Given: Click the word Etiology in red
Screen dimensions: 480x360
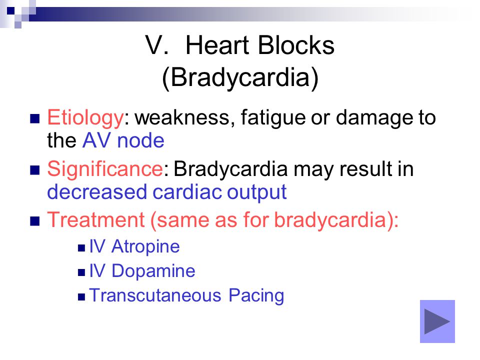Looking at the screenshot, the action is (85, 118).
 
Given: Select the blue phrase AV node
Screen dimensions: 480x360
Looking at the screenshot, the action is (123, 140).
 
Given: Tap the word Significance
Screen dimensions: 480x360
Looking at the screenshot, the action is (105, 169).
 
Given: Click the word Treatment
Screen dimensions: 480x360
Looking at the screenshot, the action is (96, 219).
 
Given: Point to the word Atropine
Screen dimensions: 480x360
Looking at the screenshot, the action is (145, 246).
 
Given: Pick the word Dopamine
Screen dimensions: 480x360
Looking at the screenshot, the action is (153, 271).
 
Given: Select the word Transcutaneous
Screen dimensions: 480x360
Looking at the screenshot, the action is (155, 295).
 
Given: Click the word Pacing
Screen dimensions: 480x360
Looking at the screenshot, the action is (256, 296).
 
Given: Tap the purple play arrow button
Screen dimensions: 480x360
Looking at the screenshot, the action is (437, 321).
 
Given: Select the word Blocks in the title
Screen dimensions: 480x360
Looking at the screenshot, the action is (296, 45).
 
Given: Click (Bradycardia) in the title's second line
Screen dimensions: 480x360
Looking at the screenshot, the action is (240, 78).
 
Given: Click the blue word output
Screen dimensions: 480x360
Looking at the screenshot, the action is (257, 192).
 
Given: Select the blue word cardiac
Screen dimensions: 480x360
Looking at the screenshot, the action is (187, 192).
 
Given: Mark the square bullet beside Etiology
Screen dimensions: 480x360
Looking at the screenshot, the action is (35, 118).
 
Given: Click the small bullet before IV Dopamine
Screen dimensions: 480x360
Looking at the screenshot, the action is (81, 272).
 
